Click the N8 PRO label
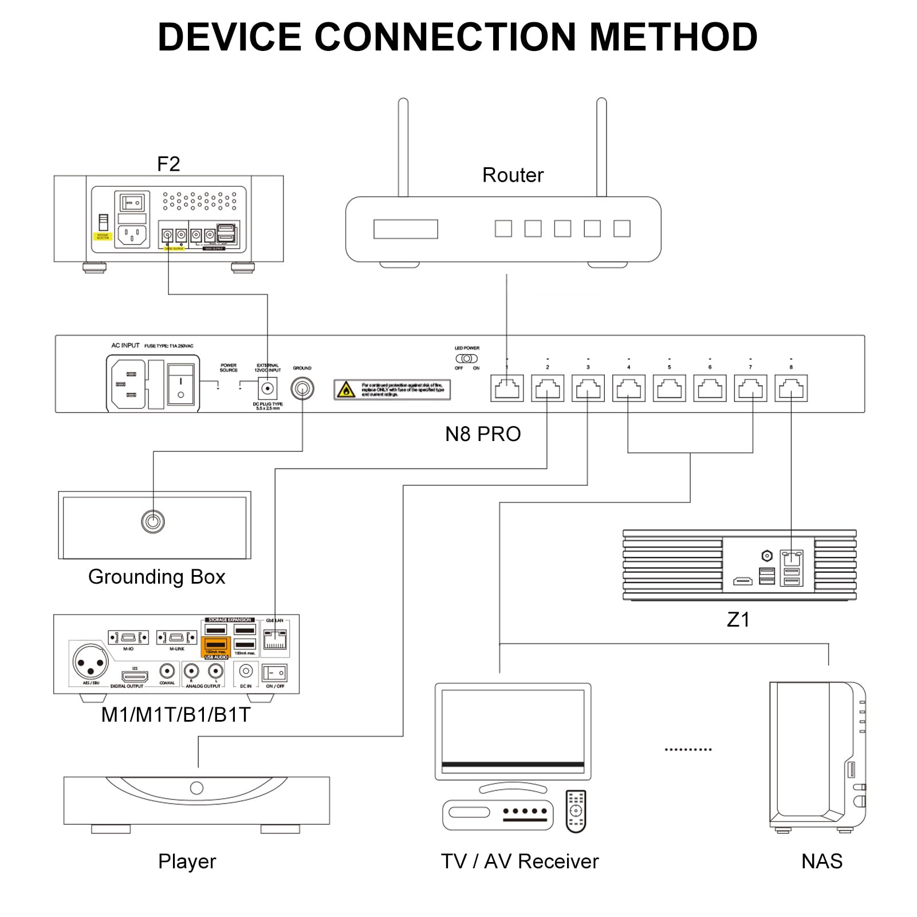point(483,434)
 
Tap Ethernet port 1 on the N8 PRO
point(507,388)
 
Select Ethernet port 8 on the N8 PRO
point(791,388)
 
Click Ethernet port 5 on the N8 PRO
point(669,388)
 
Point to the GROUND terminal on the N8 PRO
point(302,389)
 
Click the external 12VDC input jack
point(267,389)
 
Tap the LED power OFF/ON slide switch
point(467,359)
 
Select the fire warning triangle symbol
point(346,391)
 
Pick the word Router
point(513,175)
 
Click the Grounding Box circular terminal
point(153,521)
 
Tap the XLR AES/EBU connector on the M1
point(91,663)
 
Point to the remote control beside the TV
point(576,811)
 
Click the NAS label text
point(822,861)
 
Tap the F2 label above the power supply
point(168,164)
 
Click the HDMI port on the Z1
point(743,581)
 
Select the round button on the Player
point(196,788)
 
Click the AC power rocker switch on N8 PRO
point(180,384)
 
